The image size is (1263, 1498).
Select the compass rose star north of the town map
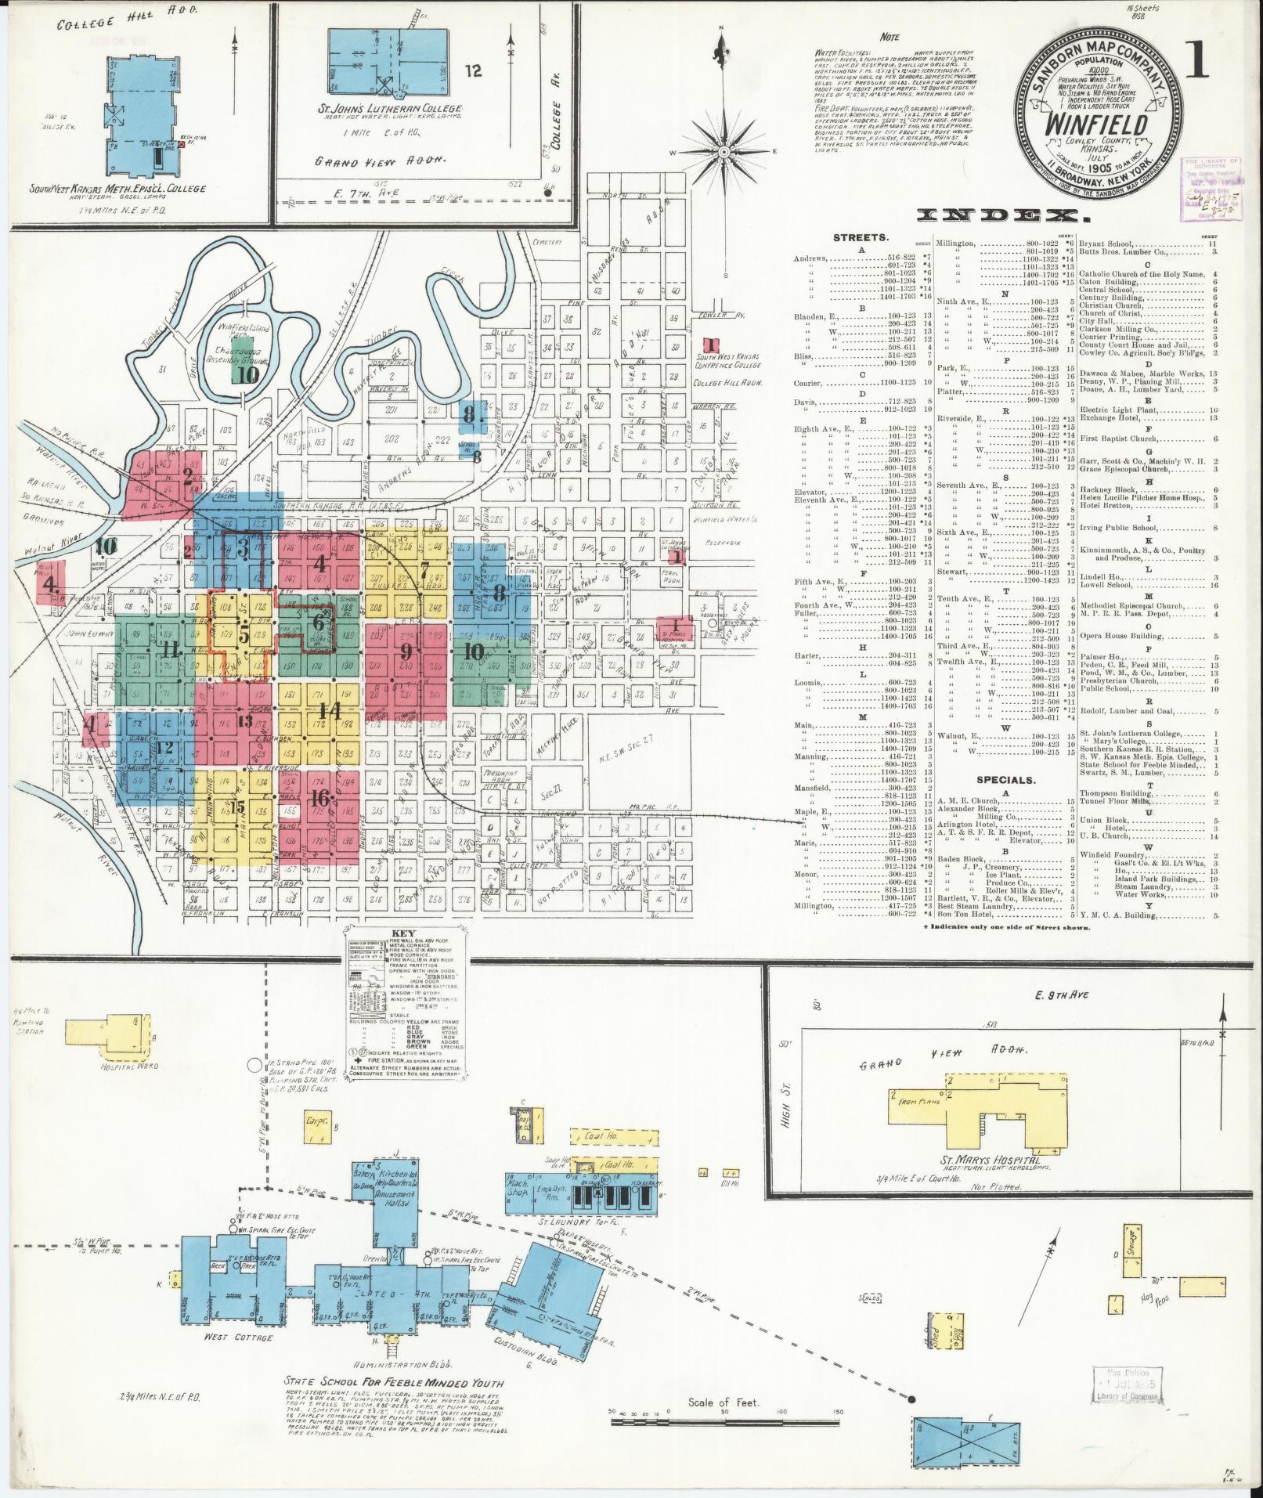[724, 150]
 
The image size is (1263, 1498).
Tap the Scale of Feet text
[724, 1402]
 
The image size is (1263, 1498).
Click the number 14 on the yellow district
[327, 710]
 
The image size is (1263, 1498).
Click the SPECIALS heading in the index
[1005, 780]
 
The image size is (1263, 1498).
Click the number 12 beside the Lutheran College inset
[473, 71]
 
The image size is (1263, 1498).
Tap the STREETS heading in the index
[860, 236]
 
